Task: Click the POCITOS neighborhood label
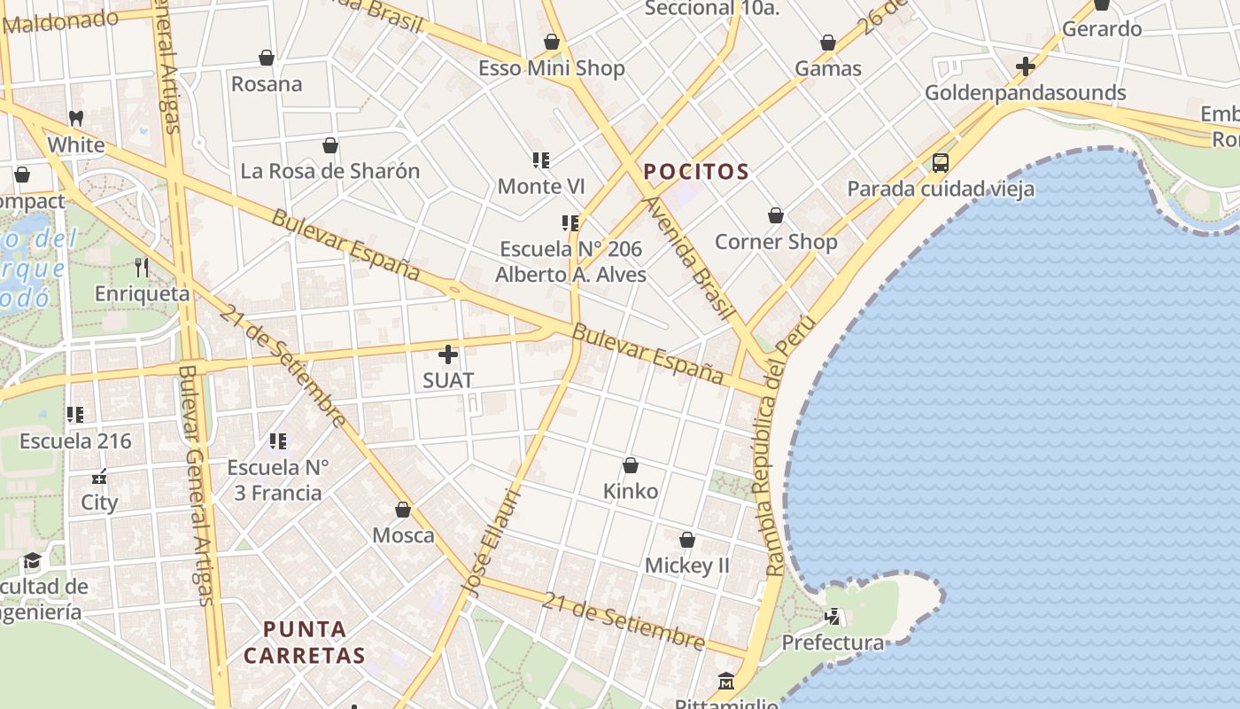click(x=696, y=172)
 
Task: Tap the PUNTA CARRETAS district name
click(x=305, y=643)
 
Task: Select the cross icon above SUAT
click(x=448, y=354)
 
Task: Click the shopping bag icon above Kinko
click(x=631, y=465)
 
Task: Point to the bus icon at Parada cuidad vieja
click(x=941, y=163)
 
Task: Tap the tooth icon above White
click(x=76, y=118)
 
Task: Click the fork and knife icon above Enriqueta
click(x=142, y=267)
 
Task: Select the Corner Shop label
click(x=776, y=242)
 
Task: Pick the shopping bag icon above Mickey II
click(x=686, y=540)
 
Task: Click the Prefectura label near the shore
click(x=833, y=643)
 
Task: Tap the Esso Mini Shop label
click(x=551, y=68)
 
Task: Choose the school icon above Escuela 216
click(x=75, y=414)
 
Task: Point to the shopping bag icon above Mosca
click(x=403, y=510)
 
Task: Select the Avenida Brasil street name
click(x=690, y=257)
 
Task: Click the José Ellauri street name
click(x=489, y=541)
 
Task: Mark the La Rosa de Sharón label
click(x=330, y=171)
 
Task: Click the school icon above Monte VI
click(x=541, y=160)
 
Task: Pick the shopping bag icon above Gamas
click(x=828, y=43)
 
